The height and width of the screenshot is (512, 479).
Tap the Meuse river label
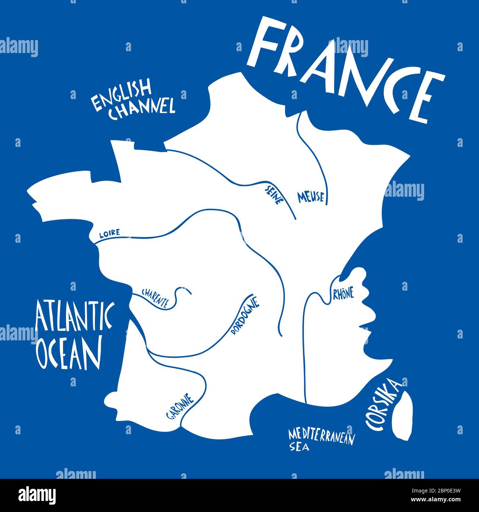[x=311, y=197]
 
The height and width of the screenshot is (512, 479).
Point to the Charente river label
[x=155, y=298]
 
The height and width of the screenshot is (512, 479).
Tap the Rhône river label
[x=343, y=294]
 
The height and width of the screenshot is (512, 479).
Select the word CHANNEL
[x=143, y=108]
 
